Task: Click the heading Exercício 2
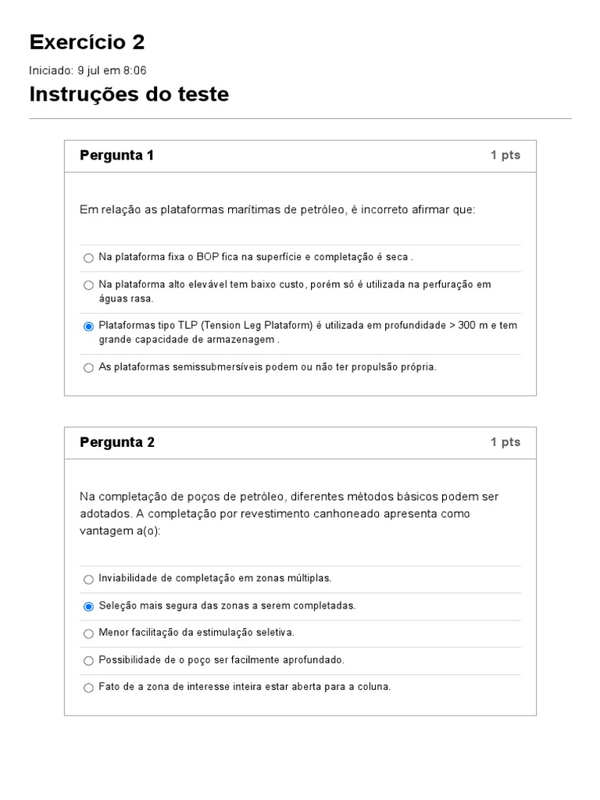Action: click(x=87, y=42)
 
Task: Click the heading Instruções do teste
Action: click(x=129, y=95)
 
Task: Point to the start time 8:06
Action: click(x=133, y=70)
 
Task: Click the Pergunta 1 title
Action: click(x=116, y=155)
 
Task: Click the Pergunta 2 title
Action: click(x=116, y=442)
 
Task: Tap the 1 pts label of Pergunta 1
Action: click(x=505, y=155)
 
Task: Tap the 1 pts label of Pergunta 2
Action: click(x=505, y=442)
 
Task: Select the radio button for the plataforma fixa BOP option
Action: click(x=88, y=258)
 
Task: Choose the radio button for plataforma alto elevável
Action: click(x=88, y=285)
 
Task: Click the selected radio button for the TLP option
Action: click(x=88, y=326)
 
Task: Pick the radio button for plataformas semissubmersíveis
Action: click(x=88, y=367)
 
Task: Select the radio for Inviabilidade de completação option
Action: click(x=88, y=579)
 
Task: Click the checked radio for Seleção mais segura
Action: click(x=88, y=606)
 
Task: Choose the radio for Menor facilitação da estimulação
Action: click(x=88, y=633)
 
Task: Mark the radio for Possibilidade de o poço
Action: click(x=88, y=660)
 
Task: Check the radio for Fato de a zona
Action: click(x=88, y=687)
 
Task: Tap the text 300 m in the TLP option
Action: click(x=476, y=325)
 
